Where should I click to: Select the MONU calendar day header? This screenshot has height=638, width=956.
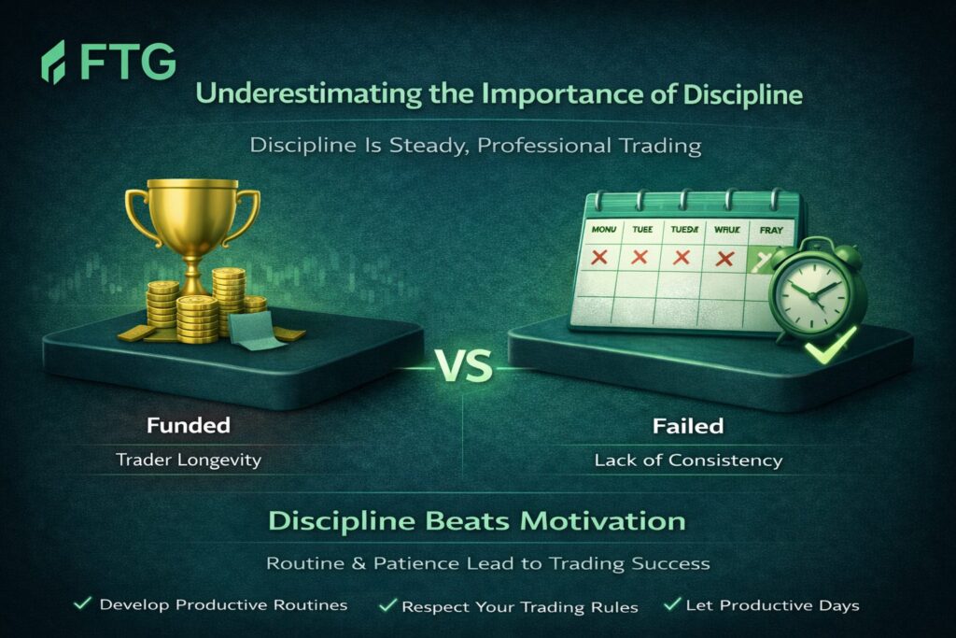(604, 230)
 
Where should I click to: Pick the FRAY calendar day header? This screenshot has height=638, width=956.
(771, 230)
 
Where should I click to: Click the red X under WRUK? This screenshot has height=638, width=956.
(724, 259)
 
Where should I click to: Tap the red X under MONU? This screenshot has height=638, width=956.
(599, 257)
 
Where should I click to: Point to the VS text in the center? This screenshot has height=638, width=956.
(465, 366)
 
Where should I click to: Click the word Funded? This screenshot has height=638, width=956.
(189, 425)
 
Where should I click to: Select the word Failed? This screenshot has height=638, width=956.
(688, 426)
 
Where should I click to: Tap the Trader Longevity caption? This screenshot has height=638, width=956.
(189, 460)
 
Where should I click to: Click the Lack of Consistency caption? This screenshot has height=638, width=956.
(688, 461)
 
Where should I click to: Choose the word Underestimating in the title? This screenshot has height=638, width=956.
(308, 94)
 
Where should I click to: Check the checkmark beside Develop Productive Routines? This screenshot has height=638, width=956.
(83, 603)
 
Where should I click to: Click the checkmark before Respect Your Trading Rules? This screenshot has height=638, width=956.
(387, 605)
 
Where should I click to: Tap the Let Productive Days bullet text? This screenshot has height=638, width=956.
(772, 605)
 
